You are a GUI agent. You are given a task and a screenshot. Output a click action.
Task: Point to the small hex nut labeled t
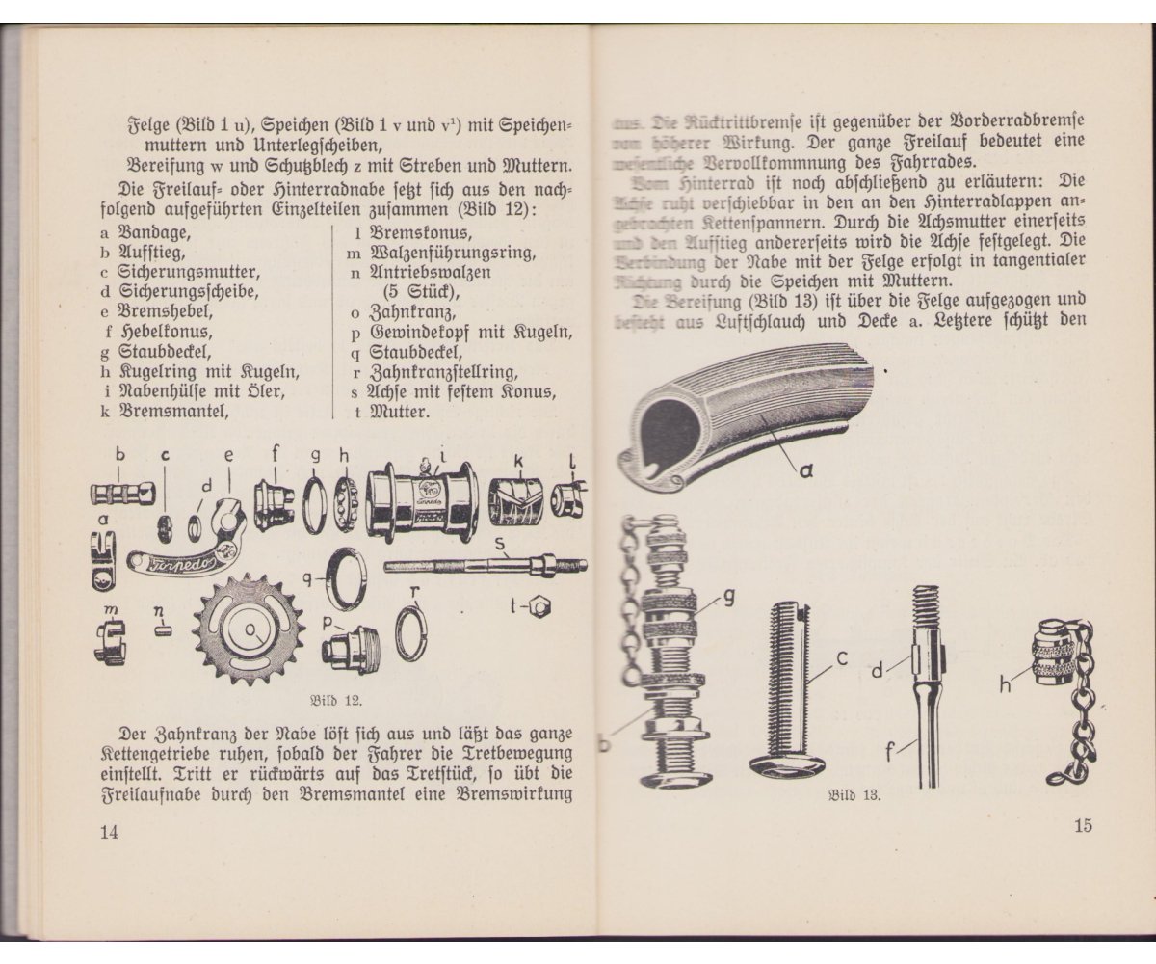(x=541, y=607)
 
